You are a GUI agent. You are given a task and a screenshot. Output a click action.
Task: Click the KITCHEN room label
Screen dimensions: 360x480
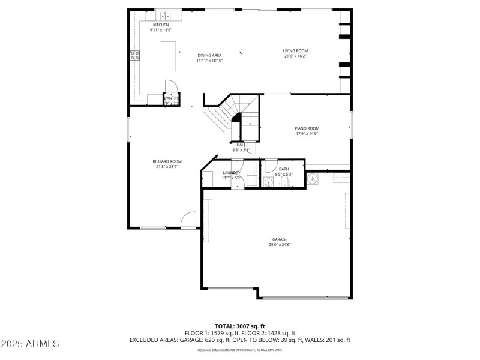[160, 25]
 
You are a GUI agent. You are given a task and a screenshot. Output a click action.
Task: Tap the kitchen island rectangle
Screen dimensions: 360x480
[169, 56]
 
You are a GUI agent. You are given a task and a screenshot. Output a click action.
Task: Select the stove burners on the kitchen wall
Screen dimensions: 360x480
[135, 56]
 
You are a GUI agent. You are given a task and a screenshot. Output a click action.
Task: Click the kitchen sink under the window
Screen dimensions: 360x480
[166, 16]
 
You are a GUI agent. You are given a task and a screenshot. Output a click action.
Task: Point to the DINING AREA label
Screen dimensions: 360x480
[209, 55]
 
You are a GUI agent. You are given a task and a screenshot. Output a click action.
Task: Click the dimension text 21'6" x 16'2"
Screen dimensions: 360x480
[295, 56]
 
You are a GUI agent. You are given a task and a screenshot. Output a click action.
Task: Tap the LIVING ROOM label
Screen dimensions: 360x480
[295, 50]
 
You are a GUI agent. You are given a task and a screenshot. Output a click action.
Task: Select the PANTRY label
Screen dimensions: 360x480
[172, 98]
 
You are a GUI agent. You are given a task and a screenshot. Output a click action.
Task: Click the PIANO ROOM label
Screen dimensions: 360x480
[307, 128]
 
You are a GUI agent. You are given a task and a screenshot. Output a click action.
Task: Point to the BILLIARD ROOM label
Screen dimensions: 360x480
[167, 161]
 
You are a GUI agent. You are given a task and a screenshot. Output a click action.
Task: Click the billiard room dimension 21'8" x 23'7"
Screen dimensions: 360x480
[167, 167]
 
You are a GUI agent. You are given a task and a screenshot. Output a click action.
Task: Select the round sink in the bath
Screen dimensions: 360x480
[268, 182]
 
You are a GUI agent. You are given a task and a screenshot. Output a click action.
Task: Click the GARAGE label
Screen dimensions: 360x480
[279, 239]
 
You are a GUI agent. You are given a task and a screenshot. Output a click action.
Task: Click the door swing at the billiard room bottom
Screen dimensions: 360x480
[189, 220]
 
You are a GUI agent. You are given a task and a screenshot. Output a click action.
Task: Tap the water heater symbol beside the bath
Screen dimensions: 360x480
[312, 178]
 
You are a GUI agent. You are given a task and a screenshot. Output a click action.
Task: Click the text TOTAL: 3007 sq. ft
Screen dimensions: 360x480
[239, 326]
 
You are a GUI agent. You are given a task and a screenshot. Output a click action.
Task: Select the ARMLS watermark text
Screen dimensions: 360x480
[30, 344]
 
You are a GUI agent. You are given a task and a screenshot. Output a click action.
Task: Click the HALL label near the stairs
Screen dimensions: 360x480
[241, 145]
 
